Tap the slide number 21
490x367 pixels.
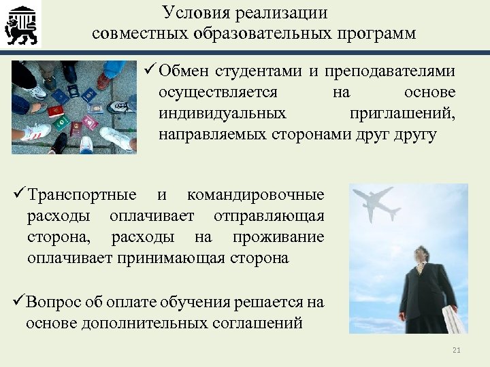(457, 350)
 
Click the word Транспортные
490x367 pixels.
(82, 196)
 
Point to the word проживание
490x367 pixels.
(278, 237)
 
